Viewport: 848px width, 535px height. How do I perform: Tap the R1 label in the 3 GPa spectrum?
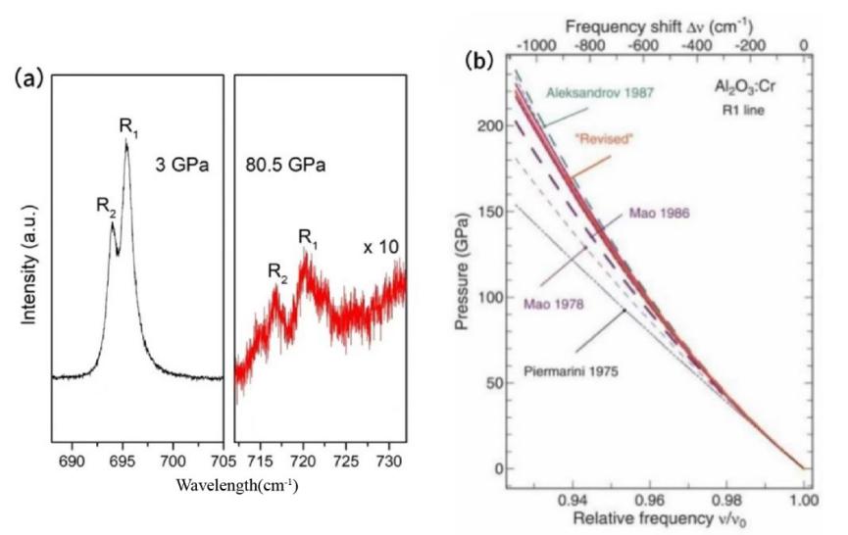pyautogui.click(x=127, y=126)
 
